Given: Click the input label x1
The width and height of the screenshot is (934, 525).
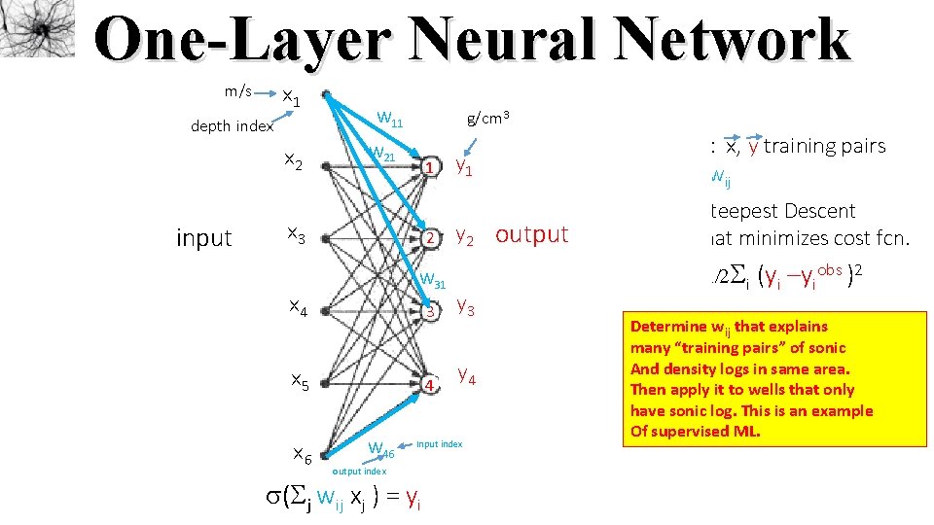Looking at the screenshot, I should coord(291,96).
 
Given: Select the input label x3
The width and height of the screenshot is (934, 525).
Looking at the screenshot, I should coord(295,234).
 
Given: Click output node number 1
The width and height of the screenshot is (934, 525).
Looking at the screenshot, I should coord(429,167).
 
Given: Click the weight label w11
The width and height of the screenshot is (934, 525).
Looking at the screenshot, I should coord(389,121).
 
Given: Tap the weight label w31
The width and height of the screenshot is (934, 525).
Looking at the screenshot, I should coord(431,282).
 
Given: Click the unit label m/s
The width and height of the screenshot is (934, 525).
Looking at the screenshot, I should coord(238,92).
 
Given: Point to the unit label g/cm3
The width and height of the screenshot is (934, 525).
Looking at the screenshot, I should coord(488,118).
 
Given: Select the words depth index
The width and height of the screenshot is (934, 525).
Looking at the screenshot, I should coord(233,126).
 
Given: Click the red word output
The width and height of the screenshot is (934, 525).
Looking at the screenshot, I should coord(531,234).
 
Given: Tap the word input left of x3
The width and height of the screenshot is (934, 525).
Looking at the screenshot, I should coord(204,237).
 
